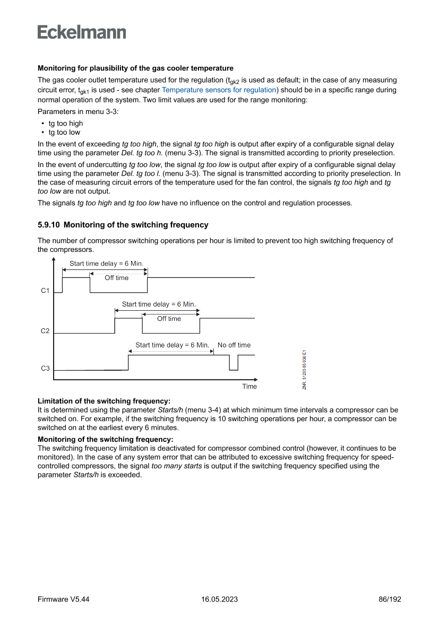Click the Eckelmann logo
pos(82,32)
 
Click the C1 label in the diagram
pos(45,291)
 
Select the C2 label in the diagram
pos(45,331)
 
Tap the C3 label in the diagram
pos(45,369)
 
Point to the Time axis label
pos(249,387)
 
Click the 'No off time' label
pos(234,345)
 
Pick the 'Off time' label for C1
pos(116,278)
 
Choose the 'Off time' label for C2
pos(169,319)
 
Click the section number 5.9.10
pos(48,225)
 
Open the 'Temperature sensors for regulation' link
pos(219,90)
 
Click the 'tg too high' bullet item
pos(66,124)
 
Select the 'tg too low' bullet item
pos(64,133)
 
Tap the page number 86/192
pos(390,599)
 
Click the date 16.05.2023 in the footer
pos(219,599)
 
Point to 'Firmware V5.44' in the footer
pos(63,599)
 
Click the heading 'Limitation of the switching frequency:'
pos(104,401)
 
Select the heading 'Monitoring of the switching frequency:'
pos(106,439)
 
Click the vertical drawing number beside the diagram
pos(305,369)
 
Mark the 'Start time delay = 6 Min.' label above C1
pos(106,264)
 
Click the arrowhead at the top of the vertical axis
pos(54,259)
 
